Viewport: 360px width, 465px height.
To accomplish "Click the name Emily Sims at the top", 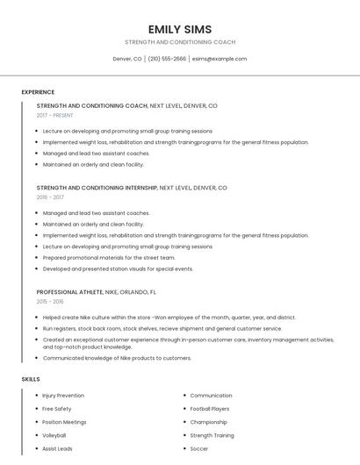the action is coord(180,29).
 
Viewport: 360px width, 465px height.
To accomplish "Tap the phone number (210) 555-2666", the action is coord(167,59).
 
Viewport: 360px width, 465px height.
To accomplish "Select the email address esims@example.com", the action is coord(220,59).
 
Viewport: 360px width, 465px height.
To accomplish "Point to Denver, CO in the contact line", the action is coord(127,59).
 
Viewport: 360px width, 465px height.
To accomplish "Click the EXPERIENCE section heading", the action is coord(38,92).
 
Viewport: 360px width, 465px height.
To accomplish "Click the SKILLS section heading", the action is coord(31,379).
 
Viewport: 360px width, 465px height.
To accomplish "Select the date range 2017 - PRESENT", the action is coord(55,115).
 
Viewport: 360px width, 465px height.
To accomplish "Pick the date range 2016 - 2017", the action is coord(50,197).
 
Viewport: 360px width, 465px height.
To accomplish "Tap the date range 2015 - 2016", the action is coord(50,301).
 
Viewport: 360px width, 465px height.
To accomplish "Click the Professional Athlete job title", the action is coord(69,291).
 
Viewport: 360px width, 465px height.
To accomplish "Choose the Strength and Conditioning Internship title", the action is coord(97,188).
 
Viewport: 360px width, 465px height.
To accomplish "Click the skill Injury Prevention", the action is coord(63,396).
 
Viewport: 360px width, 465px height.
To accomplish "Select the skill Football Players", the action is coord(210,409).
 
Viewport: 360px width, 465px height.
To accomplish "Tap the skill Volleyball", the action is coord(54,435).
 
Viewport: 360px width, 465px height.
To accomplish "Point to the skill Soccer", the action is coord(199,448).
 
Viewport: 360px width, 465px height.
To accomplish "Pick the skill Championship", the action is coord(209,422).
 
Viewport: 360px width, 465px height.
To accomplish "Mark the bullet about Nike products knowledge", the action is coord(117,358).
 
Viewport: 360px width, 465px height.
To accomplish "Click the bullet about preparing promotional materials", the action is coord(109,258).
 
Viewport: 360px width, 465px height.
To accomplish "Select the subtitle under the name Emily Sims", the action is coord(180,42).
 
